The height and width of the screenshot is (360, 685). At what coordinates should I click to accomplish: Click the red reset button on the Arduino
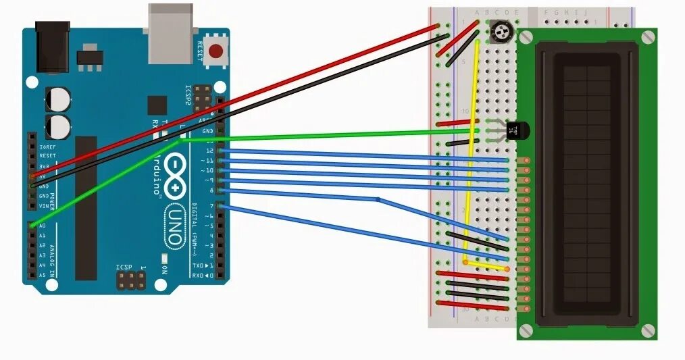click(x=215, y=51)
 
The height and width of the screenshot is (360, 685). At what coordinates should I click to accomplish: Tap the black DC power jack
click(x=52, y=46)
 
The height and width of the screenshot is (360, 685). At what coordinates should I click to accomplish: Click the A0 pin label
click(x=42, y=226)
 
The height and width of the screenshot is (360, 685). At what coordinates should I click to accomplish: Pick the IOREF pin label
click(x=46, y=147)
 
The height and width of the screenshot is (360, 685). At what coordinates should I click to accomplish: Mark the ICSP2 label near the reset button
click(x=188, y=95)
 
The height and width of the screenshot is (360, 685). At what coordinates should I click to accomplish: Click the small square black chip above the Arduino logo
click(x=157, y=105)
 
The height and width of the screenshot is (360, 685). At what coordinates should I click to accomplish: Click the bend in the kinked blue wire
click(x=378, y=199)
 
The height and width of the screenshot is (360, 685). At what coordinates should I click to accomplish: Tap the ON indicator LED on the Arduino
click(x=164, y=258)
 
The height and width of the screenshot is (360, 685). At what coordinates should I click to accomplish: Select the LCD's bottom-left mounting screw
click(x=526, y=330)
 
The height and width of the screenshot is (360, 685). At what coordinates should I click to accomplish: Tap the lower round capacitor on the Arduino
click(x=59, y=126)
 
